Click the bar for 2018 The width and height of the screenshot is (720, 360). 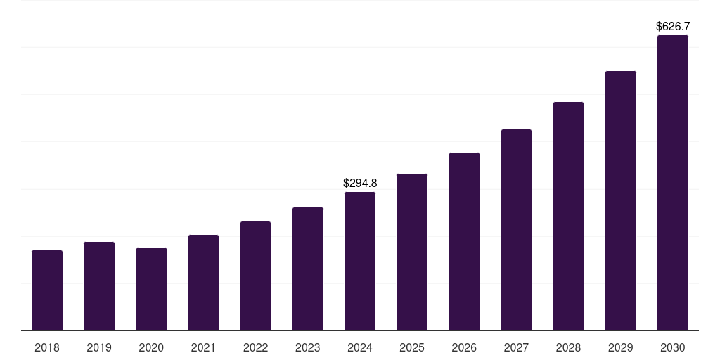[x=47, y=290]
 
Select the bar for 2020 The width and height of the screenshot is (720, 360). [x=151, y=289]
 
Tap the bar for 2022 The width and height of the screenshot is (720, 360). [x=255, y=276]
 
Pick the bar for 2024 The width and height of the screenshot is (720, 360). [x=360, y=262]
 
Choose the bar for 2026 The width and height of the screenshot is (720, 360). [x=464, y=242]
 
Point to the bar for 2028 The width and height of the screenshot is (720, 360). [x=568, y=217]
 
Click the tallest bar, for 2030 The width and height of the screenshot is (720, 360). [x=672, y=183]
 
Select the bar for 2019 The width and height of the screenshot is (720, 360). [x=99, y=286]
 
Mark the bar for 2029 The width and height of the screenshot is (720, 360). [x=620, y=201]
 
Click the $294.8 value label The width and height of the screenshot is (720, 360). [x=360, y=183]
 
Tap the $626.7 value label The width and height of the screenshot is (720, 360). [x=673, y=26]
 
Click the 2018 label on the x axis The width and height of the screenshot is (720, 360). [x=47, y=347]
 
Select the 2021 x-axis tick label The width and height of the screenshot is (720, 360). [x=203, y=347]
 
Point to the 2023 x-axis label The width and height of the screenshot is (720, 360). [x=307, y=347]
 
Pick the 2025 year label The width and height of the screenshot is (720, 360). [x=412, y=347]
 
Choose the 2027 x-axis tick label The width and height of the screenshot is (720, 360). [x=516, y=347]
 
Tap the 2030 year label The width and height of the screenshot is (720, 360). [x=672, y=347]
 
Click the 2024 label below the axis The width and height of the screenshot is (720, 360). [x=360, y=347]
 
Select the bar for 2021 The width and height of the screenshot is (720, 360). [x=203, y=283]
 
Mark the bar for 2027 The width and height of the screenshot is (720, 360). [x=516, y=230]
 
